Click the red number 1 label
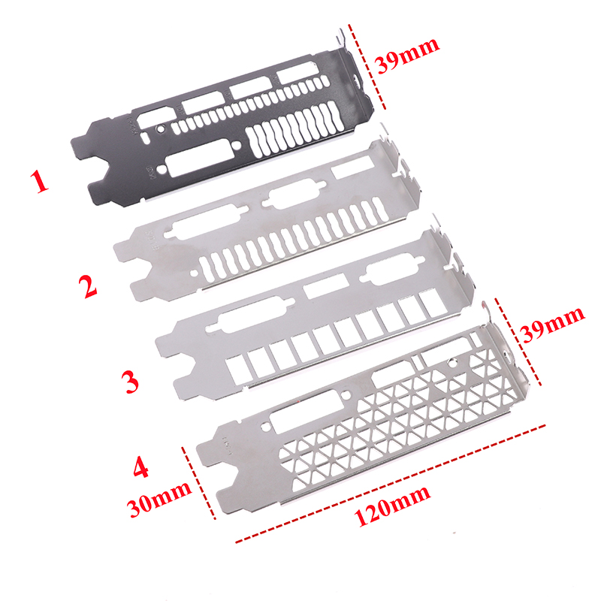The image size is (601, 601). (x=40, y=182)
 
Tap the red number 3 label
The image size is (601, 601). (x=130, y=382)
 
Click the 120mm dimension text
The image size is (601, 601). (x=391, y=506)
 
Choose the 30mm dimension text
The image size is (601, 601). (x=159, y=499)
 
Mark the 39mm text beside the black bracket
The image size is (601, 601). (x=407, y=55)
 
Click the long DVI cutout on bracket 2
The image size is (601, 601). (x=205, y=222)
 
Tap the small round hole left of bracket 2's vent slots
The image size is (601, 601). (x=195, y=273)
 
